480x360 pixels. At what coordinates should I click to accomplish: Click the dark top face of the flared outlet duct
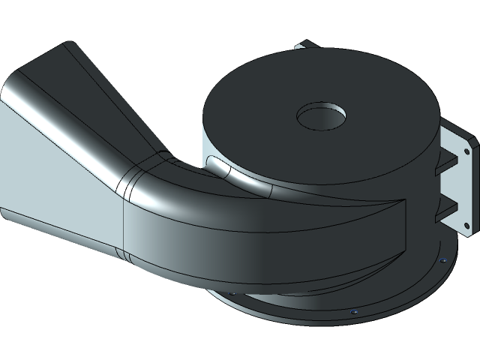tap(97, 97)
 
